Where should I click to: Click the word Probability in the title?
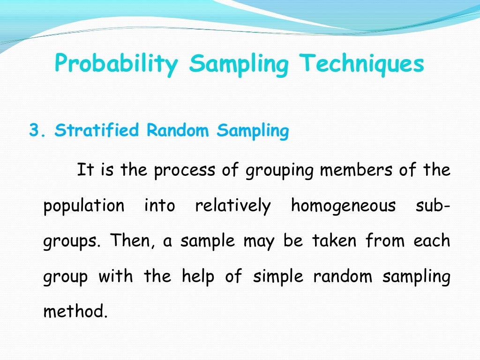116,64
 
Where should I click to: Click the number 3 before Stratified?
33,131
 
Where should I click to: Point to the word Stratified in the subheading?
97,131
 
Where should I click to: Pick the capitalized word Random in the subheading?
178,131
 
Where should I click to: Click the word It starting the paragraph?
85,169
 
